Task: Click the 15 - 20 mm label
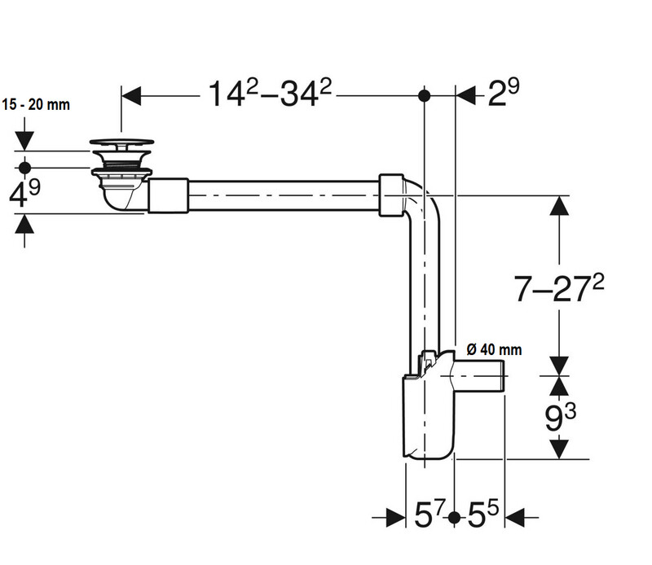tap(36, 104)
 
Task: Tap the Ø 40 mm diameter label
tap(494, 349)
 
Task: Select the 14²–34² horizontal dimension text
tap(270, 94)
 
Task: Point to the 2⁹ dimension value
tap(504, 93)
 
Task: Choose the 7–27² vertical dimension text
tap(559, 288)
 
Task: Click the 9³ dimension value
tap(561, 418)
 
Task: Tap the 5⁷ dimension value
tap(430, 514)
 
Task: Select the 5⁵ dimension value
tap(483, 514)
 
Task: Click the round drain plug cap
tap(121, 142)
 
